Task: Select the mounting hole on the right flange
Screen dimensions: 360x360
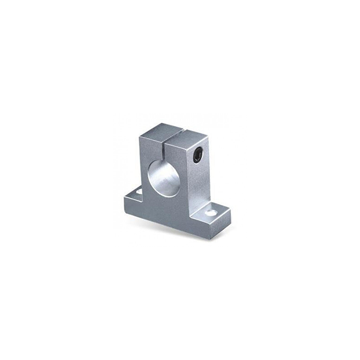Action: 211,212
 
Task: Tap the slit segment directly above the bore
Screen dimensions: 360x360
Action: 162,150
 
